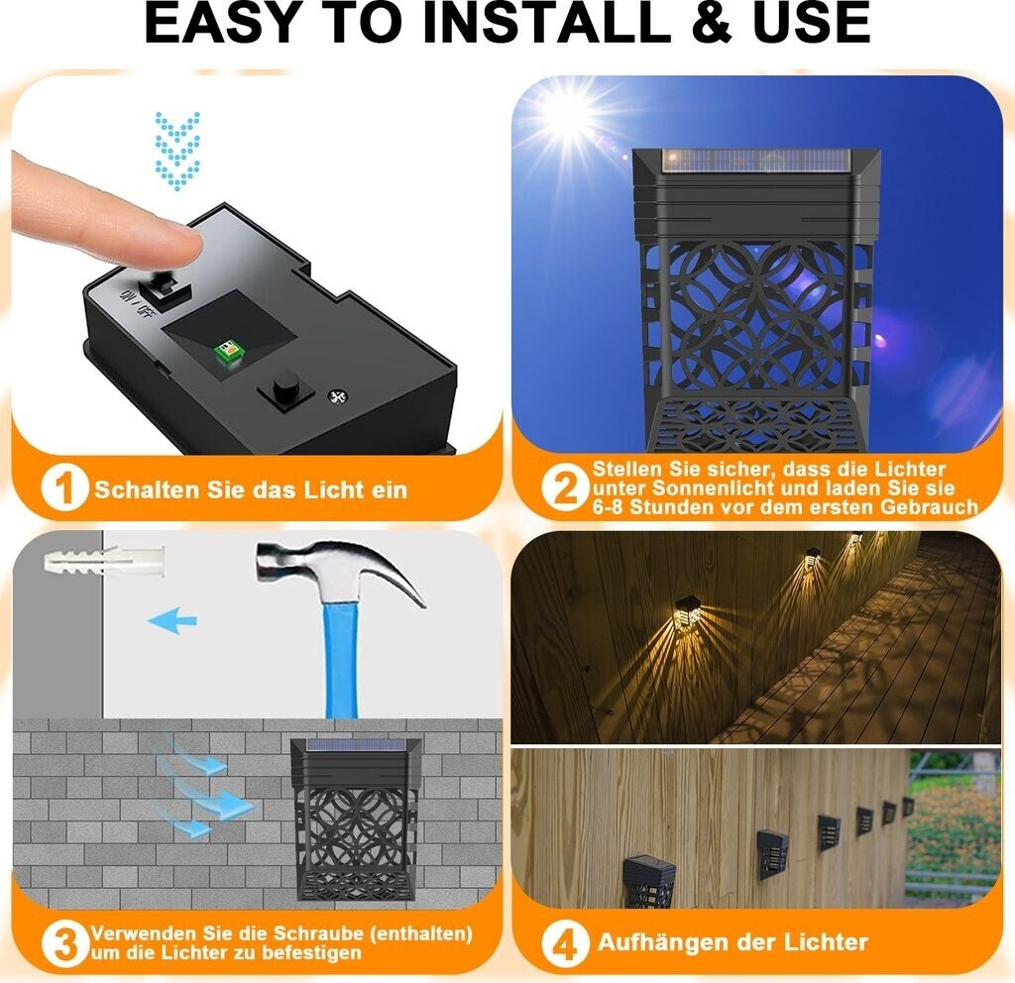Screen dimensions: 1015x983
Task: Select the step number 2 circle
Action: click(x=564, y=488)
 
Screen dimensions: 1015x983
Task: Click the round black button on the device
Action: click(x=285, y=385)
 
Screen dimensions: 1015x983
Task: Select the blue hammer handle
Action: click(x=341, y=659)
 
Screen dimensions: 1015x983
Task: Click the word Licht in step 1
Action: click(x=333, y=490)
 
